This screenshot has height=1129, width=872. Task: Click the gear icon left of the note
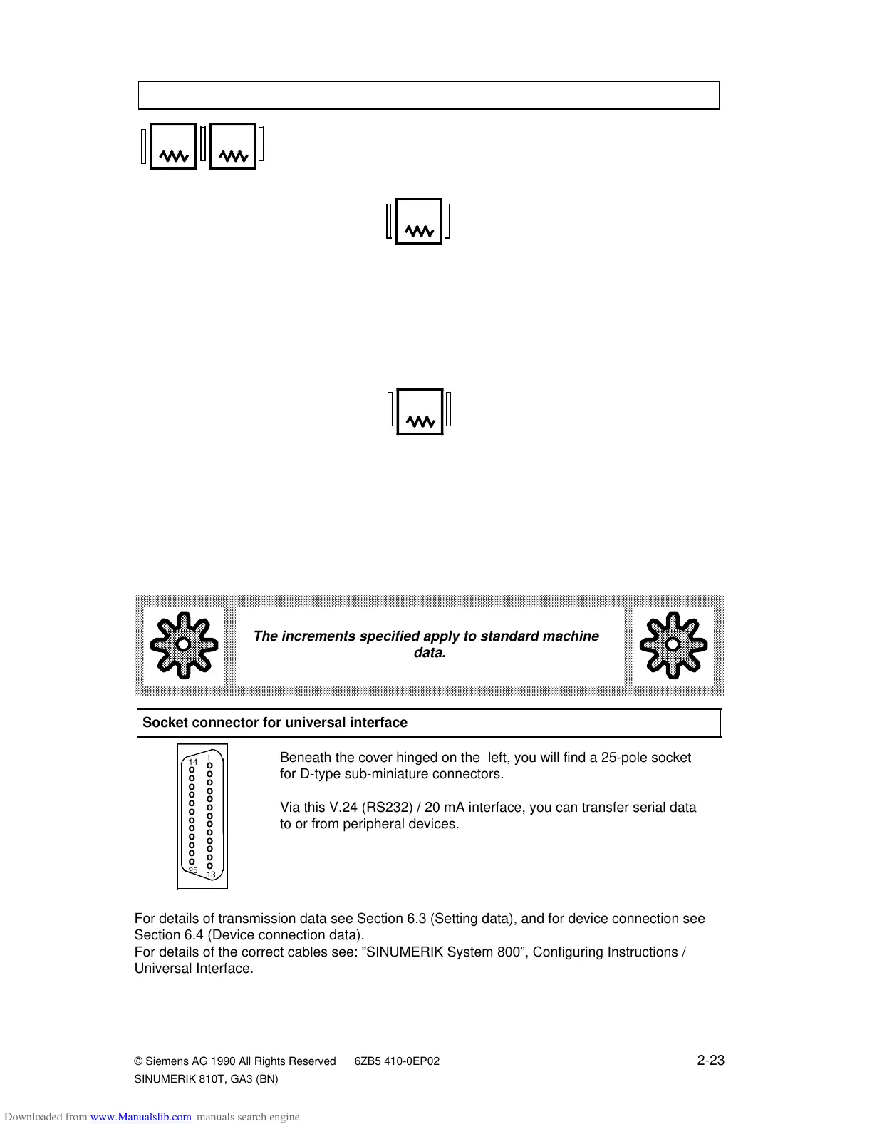[183, 644]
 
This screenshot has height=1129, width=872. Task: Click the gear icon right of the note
[673, 644]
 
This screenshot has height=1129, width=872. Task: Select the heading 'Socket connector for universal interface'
[275, 723]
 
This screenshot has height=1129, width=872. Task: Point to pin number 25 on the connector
[193, 870]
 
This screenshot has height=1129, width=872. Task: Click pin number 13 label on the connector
[211, 875]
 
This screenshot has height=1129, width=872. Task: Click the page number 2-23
[710, 1061]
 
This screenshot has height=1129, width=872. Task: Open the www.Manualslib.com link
[140, 1117]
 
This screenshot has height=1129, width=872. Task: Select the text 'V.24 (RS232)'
[348, 808]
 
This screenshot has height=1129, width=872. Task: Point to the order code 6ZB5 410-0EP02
[397, 1061]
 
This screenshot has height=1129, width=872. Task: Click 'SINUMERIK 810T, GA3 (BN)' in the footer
[206, 1079]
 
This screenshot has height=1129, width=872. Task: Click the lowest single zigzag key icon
[420, 412]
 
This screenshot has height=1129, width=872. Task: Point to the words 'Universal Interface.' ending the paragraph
[194, 969]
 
